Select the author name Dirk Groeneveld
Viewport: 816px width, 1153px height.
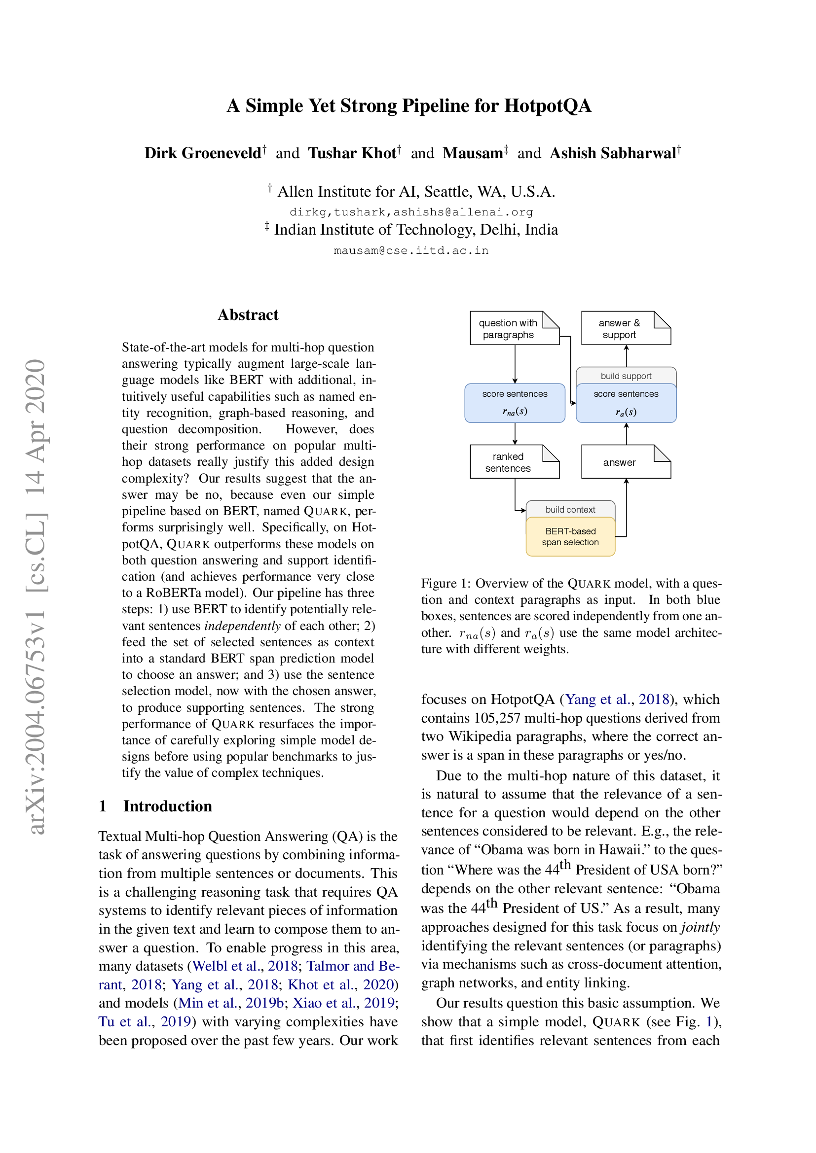point(203,153)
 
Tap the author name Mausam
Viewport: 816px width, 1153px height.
point(473,153)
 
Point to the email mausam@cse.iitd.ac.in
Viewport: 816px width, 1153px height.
point(410,250)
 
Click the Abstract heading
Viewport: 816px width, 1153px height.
point(248,315)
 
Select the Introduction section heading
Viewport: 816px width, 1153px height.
point(167,806)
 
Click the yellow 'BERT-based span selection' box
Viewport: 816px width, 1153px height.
point(570,537)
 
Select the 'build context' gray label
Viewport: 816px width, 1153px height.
point(570,509)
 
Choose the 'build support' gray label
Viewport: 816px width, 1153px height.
point(626,376)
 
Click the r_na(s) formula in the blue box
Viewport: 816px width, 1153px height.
point(515,411)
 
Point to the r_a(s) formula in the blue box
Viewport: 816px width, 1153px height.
point(626,412)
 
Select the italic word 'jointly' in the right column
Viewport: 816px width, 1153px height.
point(701,927)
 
